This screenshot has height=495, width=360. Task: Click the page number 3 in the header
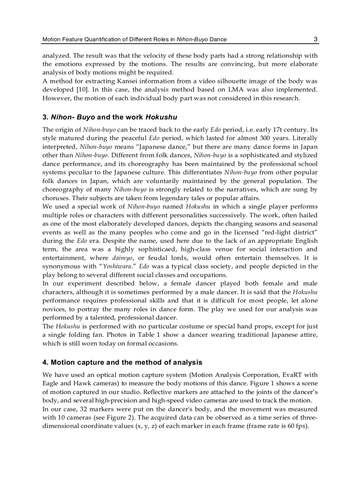(315, 39)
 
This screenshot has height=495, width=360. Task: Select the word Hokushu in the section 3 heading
(161, 117)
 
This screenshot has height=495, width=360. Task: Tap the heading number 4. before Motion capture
(45, 362)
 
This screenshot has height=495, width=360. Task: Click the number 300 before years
(274, 138)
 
